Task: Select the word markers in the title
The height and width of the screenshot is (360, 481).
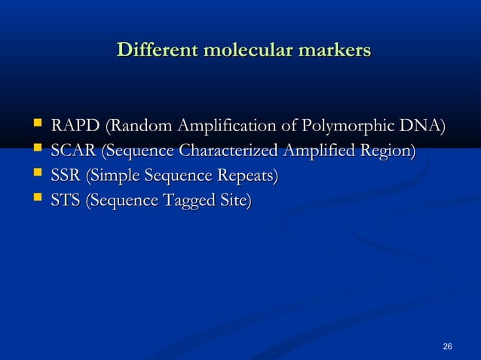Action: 335,50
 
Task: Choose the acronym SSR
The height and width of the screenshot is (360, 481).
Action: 66,176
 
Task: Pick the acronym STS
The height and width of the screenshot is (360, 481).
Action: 66,201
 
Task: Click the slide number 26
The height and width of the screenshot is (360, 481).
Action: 448,346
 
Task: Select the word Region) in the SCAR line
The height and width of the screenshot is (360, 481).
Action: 388,151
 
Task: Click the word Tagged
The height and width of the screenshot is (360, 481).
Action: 190,202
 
